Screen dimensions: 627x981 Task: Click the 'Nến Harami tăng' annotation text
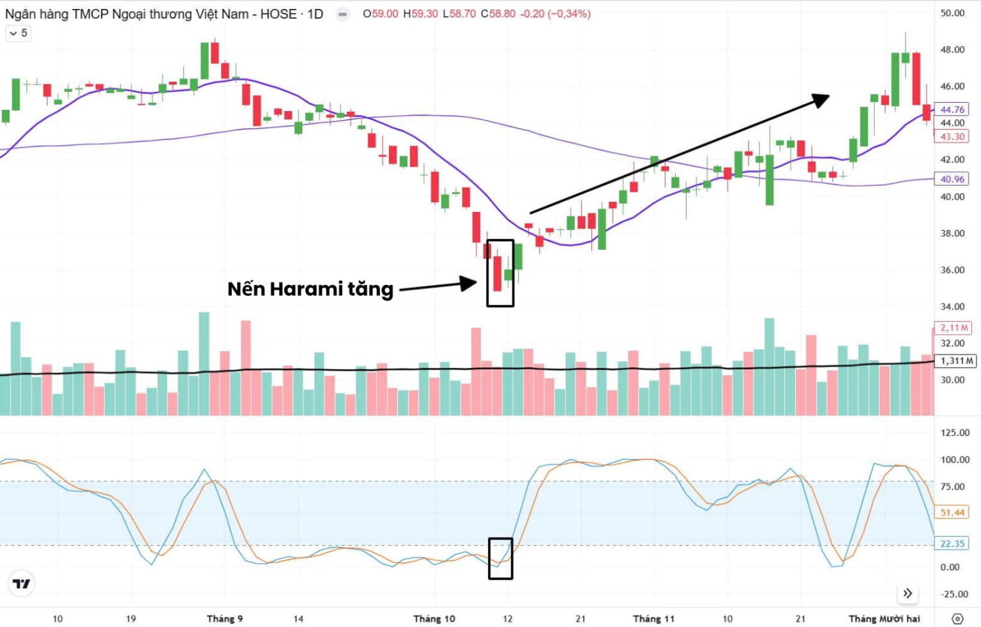310,289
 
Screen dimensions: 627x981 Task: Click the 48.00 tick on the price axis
952,50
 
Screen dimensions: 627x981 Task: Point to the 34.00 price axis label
952,306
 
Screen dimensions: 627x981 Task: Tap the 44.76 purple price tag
952,110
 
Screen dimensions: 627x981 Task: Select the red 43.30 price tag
952,137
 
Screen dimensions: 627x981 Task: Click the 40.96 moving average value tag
952,179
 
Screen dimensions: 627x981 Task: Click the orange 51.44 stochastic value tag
952,513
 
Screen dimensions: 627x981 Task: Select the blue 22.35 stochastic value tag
952,544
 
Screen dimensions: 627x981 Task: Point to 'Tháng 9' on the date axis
225,619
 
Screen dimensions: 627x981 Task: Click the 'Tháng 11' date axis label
653,619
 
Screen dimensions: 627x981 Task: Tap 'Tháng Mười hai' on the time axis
884,619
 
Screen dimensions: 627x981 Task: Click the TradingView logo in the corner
21,584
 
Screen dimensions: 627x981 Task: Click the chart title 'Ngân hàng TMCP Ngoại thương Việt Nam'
126,14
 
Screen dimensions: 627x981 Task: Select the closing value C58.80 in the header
498,14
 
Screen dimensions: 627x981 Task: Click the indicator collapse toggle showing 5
18,33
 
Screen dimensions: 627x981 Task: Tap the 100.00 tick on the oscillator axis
955,460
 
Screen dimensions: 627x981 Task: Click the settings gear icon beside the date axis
957,619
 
